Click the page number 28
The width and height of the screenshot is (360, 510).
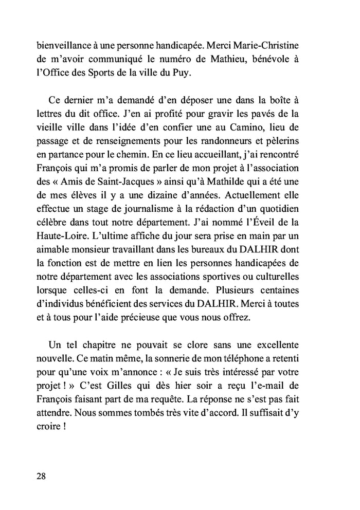[41, 476]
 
